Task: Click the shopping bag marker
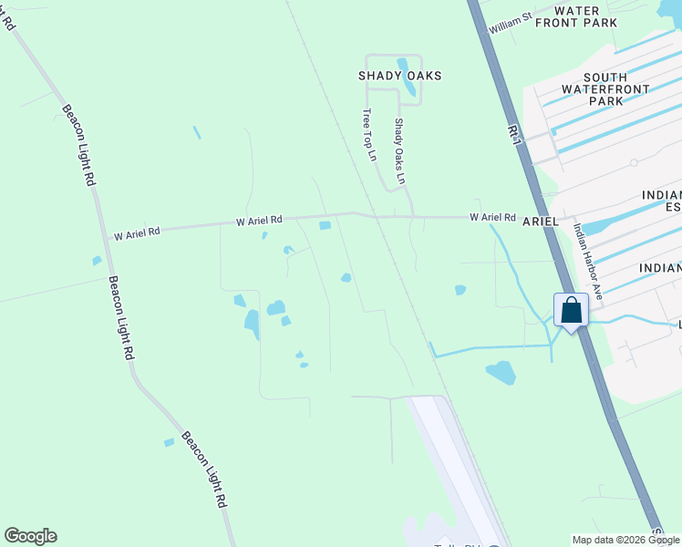coord(571,310)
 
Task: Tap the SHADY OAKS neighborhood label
coord(399,76)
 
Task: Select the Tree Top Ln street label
coord(369,134)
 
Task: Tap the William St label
coord(510,24)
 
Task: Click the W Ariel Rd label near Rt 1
coord(492,218)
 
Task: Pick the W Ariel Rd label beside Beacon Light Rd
coord(136,232)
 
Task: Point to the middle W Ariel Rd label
coord(259,221)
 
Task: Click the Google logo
coord(30,536)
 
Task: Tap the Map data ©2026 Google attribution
coord(625,539)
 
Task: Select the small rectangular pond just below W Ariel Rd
coord(325,226)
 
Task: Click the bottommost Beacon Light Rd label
coord(203,469)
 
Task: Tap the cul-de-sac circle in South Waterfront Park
coord(634,163)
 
